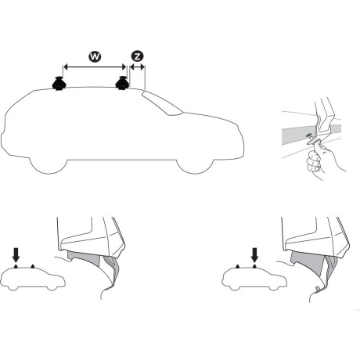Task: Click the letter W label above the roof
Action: coord(94,57)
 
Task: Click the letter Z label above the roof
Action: coord(137,57)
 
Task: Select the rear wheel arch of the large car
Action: coord(50,157)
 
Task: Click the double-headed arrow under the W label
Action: coord(94,68)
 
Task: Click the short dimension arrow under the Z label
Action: coord(137,68)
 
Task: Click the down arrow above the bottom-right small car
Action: coord(254,254)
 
